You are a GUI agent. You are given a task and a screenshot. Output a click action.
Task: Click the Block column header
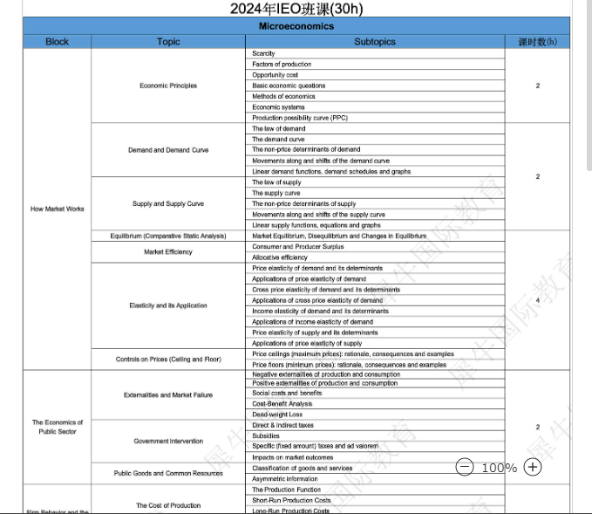[x=57, y=41]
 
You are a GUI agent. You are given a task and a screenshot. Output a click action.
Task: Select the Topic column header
[x=168, y=41]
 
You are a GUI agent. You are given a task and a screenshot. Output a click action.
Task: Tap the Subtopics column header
[x=375, y=41]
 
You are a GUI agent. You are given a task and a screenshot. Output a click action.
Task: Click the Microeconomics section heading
[x=296, y=26]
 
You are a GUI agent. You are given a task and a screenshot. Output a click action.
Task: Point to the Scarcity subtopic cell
[x=263, y=54]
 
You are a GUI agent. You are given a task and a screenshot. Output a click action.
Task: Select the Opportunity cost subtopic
[x=275, y=75]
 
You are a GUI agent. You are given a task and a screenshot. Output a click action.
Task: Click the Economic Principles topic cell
[x=168, y=86]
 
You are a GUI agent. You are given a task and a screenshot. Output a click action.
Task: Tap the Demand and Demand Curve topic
[x=168, y=150]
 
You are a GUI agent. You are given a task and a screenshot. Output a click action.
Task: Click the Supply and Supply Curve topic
[x=168, y=204]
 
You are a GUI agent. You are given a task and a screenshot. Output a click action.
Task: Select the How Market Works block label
[x=58, y=209]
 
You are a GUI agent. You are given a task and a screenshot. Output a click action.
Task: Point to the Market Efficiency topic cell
[x=168, y=252]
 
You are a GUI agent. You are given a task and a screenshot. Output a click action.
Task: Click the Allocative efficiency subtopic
[x=280, y=257]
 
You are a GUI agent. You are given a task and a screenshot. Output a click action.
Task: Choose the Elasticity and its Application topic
[x=168, y=305]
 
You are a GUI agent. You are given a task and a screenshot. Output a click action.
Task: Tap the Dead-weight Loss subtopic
[x=277, y=415]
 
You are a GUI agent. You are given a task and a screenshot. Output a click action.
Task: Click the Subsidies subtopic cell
[x=266, y=436]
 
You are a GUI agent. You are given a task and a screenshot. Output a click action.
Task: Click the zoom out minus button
[x=465, y=467]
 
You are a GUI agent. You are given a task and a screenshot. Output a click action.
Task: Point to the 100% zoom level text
[x=499, y=468]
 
